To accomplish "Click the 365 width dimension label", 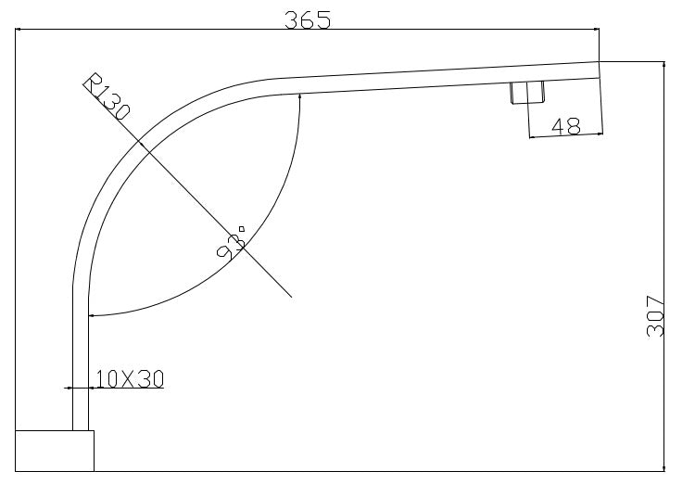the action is (x=307, y=20).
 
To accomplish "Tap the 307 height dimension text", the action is (x=655, y=316).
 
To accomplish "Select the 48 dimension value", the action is (x=566, y=126).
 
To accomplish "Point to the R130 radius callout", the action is (x=107, y=97).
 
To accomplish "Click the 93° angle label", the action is (x=231, y=243).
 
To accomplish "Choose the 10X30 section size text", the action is (x=130, y=379).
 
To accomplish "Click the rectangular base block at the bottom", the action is (x=55, y=451).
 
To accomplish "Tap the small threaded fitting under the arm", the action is (x=527, y=93).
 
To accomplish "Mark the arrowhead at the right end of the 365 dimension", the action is (x=596, y=30).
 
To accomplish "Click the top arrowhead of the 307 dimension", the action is (x=663, y=65).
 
